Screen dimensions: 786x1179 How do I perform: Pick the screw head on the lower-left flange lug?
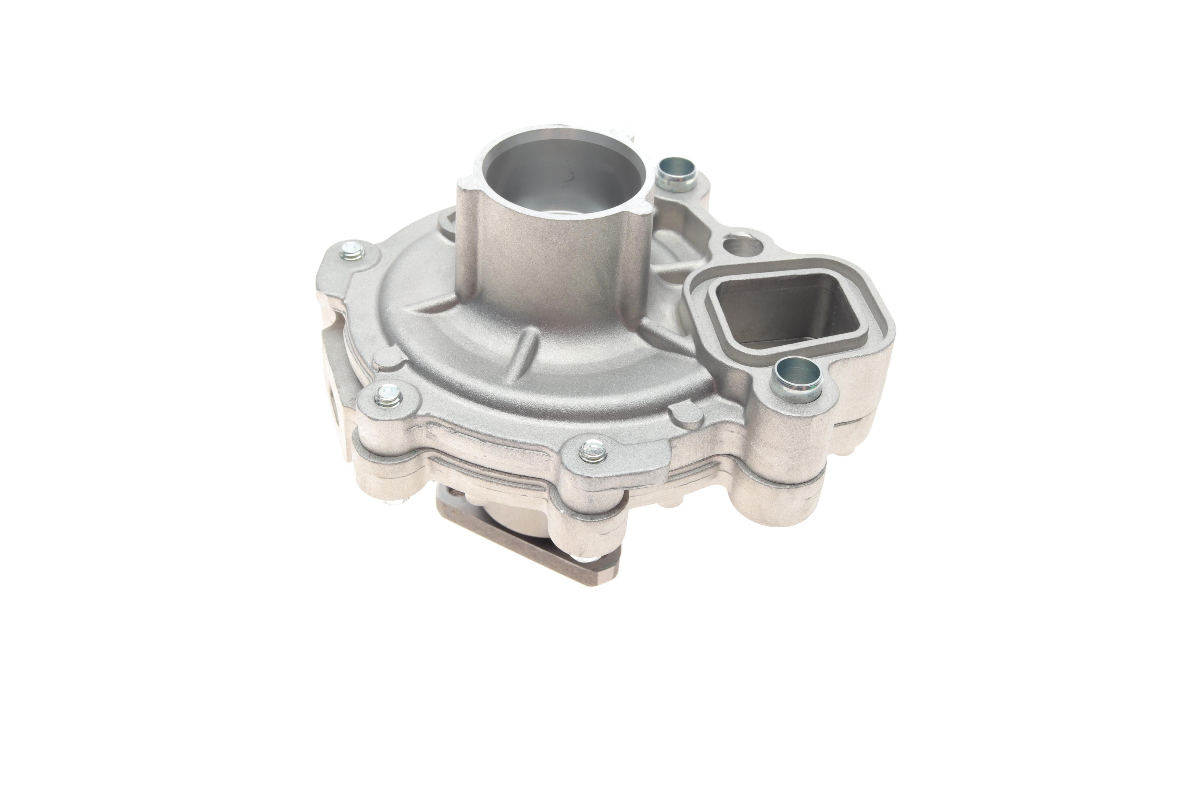point(387,394)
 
